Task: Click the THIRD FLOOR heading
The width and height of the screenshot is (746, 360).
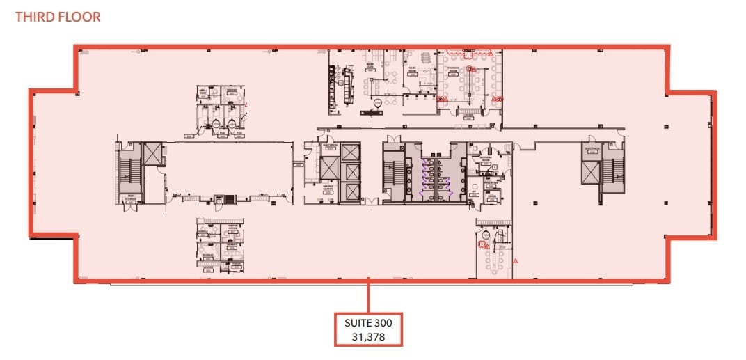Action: (x=58, y=17)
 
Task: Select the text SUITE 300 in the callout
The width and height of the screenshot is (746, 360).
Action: (x=368, y=323)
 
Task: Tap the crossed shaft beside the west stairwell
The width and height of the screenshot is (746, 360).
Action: (x=152, y=153)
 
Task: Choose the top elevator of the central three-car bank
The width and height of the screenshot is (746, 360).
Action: (x=350, y=152)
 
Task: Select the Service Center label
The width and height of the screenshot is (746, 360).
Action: (x=327, y=188)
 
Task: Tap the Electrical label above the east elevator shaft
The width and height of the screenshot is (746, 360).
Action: (x=593, y=148)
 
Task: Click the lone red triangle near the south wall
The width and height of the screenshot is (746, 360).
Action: (x=515, y=260)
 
